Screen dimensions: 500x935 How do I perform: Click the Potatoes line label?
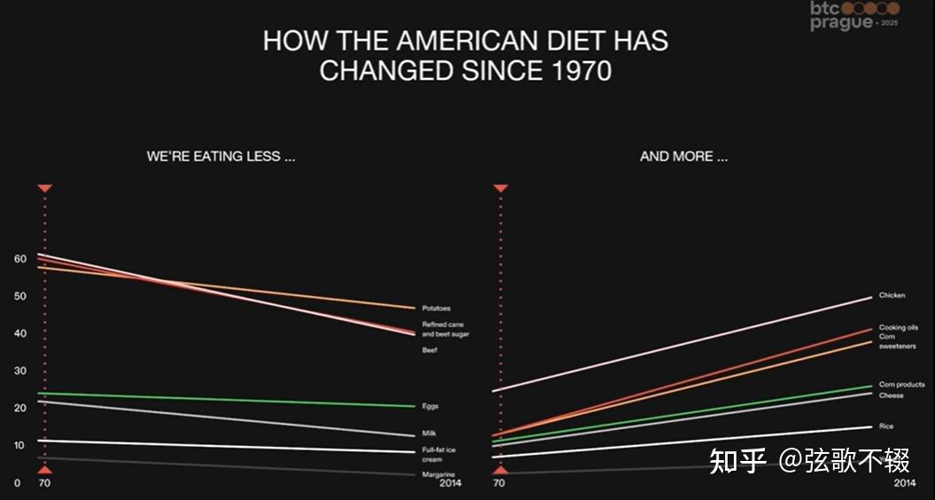click(436, 309)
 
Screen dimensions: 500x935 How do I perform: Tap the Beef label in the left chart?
click(429, 350)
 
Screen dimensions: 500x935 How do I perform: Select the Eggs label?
click(430, 406)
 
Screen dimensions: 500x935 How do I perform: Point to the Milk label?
click(429, 434)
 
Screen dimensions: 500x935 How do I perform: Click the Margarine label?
click(438, 474)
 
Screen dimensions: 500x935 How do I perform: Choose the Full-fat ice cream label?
click(439, 455)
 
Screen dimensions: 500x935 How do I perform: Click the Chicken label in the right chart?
click(892, 295)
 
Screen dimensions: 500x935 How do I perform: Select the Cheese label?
click(891, 395)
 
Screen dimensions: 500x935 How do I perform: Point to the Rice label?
click(886, 426)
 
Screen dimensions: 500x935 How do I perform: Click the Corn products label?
click(901, 385)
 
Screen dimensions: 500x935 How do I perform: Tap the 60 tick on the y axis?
click(19, 259)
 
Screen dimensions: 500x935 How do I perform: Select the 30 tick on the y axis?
click(19, 371)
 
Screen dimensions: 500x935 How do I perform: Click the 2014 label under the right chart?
click(904, 483)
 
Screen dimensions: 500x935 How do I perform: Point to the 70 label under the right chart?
click(499, 483)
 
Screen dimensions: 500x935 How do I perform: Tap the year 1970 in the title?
click(575, 71)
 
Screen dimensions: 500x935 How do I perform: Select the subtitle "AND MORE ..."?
click(683, 156)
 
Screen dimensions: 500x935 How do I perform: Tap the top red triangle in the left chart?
click(45, 188)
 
